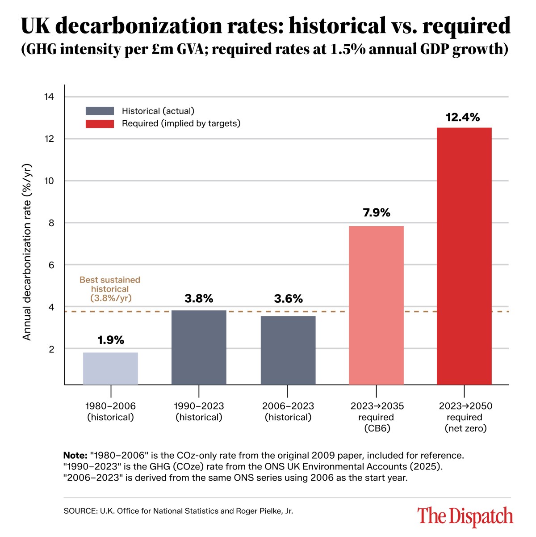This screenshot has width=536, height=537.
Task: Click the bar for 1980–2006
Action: (110, 368)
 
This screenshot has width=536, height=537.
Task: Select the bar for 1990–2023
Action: (199, 347)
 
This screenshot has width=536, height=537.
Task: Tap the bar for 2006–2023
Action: (288, 350)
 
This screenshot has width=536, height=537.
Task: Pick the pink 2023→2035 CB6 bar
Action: (376, 305)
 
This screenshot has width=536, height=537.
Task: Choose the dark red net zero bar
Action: (464, 256)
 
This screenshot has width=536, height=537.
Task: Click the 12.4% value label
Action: (463, 118)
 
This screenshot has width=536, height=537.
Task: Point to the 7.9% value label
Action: (377, 212)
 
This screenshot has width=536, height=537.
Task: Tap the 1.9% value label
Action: (111, 340)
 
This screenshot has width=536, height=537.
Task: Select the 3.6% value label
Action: (288, 299)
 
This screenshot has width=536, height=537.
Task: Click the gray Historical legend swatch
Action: (100, 111)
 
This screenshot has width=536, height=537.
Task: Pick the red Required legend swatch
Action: (100, 123)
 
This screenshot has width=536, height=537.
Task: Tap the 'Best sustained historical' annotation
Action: (110, 289)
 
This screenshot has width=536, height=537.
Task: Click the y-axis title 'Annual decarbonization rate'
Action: (27, 251)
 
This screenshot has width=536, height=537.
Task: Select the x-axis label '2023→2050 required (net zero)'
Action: (465, 417)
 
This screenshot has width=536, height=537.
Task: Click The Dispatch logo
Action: (465, 516)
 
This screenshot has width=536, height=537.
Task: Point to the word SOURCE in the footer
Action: (79, 511)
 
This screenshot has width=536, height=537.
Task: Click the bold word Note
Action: (75, 456)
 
